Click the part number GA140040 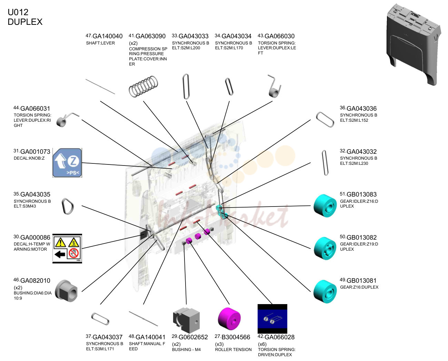pos(107,36)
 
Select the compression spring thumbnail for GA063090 pos(143,87)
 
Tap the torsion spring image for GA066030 pos(275,86)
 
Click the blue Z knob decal pos(67,163)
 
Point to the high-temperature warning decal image pos(67,248)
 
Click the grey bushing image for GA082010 pos(66,291)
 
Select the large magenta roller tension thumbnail pos(229,319)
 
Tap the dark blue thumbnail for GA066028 pos(272,319)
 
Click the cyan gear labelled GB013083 pos(325,206)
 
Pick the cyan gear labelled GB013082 pos(325,248)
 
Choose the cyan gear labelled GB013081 pos(325,291)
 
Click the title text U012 pos(18,12)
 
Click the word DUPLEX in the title pos(25,22)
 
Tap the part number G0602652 pos(193,337)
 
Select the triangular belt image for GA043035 pos(68,206)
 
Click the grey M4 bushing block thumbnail pos(186,320)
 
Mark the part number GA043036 pos(361,109)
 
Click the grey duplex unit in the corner pos(414,44)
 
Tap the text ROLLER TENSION pos(233,350)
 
